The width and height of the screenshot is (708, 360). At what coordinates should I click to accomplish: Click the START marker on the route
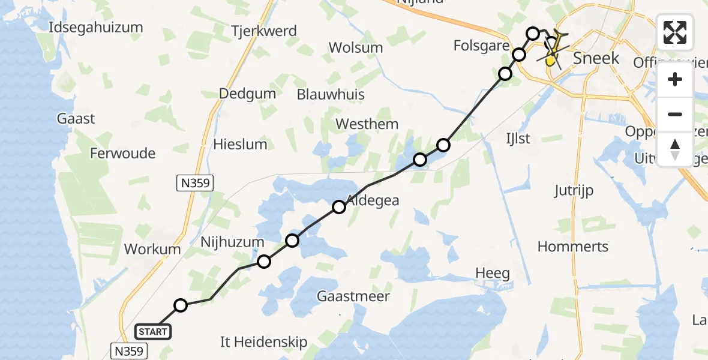(154, 331)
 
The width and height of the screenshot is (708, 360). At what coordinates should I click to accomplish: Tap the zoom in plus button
(675, 79)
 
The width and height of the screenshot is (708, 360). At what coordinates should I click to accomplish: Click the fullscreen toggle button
(675, 32)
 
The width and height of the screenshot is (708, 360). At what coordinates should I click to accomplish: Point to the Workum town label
(152, 249)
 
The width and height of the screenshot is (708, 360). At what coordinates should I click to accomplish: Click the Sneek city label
(596, 58)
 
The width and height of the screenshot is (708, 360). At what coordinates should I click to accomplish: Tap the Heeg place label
(493, 274)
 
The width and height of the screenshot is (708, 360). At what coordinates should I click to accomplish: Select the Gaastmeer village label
(353, 296)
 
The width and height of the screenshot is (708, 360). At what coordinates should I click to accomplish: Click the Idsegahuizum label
(97, 27)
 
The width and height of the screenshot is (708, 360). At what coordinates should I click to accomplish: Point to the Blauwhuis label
(331, 94)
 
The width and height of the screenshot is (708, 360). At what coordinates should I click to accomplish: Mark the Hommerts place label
(573, 247)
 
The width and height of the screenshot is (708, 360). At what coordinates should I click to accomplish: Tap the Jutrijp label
(574, 191)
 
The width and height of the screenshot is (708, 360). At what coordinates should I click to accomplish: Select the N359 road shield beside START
(129, 351)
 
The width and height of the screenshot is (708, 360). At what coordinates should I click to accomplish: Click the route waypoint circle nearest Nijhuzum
(264, 262)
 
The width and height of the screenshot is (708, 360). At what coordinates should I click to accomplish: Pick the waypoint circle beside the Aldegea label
(339, 207)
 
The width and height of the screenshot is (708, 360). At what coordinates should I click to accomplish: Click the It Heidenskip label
(264, 342)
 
